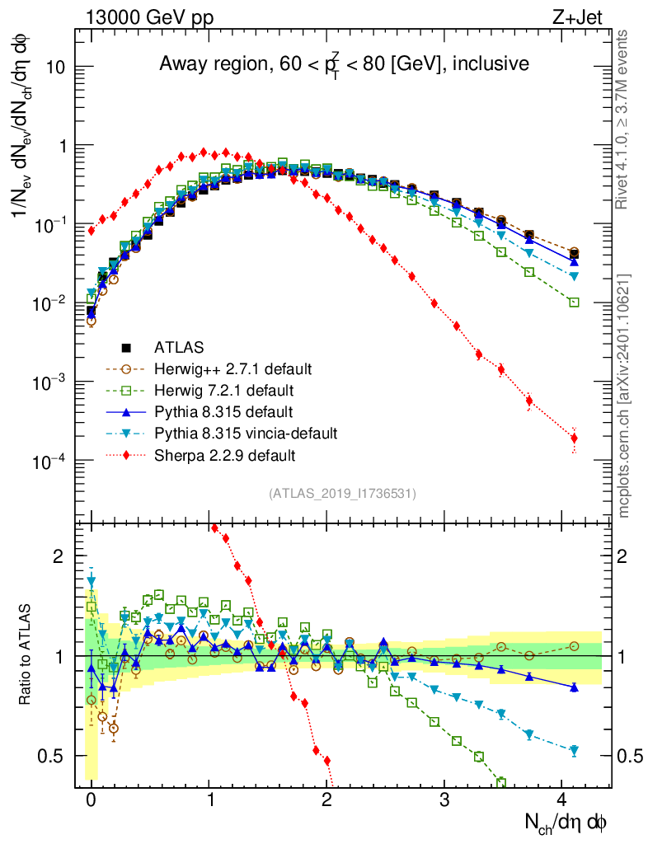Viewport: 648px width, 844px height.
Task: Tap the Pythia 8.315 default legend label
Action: coord(223,411)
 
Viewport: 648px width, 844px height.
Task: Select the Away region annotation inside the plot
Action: coord(343,64)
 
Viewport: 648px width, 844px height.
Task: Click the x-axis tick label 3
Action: coord(444,799)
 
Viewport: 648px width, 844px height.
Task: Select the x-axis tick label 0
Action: coord(91,799)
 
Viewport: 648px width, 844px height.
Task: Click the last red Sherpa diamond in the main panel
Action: coord(574,438)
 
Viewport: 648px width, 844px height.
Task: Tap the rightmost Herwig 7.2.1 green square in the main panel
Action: coord(574,302)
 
